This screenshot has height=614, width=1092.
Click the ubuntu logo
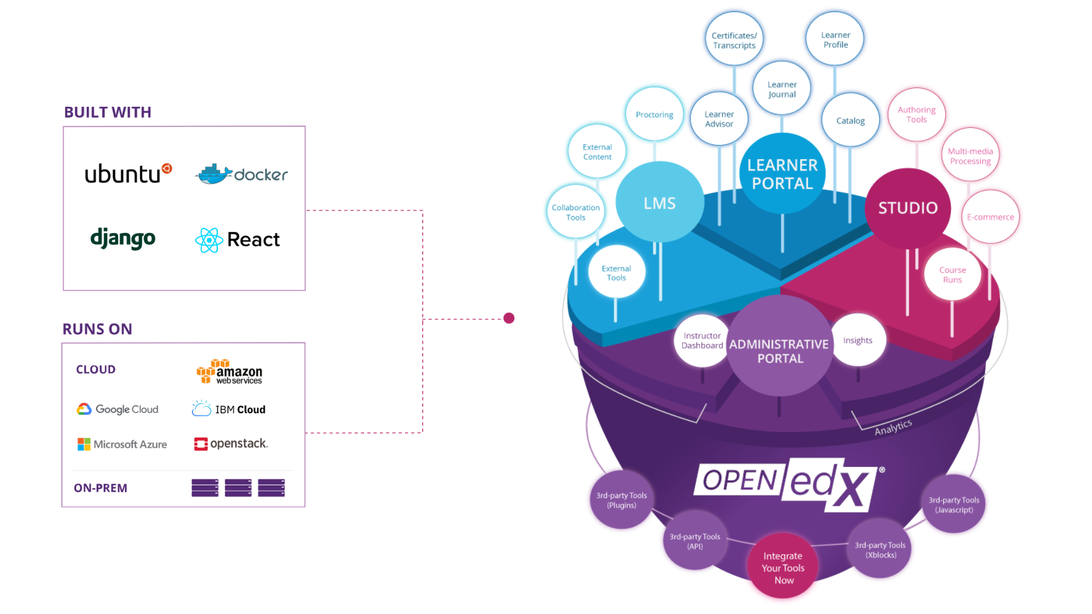point(127,173)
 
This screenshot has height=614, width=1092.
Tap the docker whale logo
point(214,175)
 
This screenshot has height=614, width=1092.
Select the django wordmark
point(123,238)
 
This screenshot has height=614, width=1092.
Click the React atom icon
point(209,240)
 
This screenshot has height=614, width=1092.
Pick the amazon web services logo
point(229,372)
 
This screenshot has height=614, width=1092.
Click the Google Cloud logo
point(118,409)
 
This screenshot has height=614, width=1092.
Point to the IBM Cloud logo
point(229,409)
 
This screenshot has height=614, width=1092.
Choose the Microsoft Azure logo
point(122,444)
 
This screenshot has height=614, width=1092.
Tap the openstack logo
point(230,443)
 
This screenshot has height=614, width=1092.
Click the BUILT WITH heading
point(107,113)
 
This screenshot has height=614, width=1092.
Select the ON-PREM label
point(101,488)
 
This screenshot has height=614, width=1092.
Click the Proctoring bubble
point(654,115)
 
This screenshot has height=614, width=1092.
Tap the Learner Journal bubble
point(782,89)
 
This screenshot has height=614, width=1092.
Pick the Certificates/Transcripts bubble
point(734,40)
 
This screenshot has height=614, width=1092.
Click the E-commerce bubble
point(990,217)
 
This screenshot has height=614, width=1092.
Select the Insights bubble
point(858,341)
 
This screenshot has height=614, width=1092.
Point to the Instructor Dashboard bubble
point(702,341)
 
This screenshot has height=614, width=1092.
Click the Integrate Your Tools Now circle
point(783,568)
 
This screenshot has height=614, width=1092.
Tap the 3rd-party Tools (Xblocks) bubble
point(880,550)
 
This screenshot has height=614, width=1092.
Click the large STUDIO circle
point(908,208)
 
